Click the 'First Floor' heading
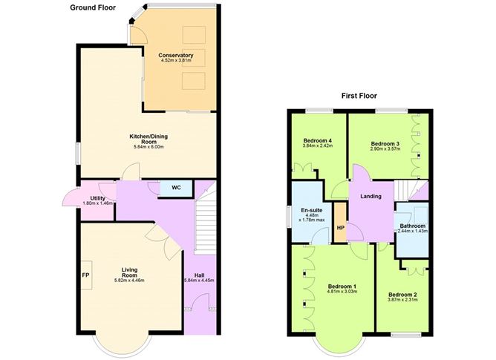tap(359, 96)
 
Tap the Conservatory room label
tap(176, 55)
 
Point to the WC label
tap(176, 187)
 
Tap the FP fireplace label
tap(85, 272)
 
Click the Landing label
tap(371, 196)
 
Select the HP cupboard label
tap(340, 228)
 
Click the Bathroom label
tap(413, 226)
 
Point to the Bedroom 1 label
tap(342, 286)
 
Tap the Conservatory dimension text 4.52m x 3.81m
tap(176, 62)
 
